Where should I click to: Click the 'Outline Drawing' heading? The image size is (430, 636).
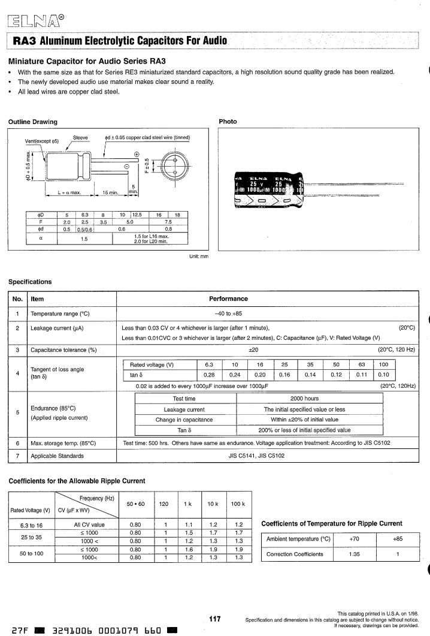pyautogui.click(x=32, y=122)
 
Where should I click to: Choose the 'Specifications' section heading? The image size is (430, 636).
pyautogui.click(x=29, y=281)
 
